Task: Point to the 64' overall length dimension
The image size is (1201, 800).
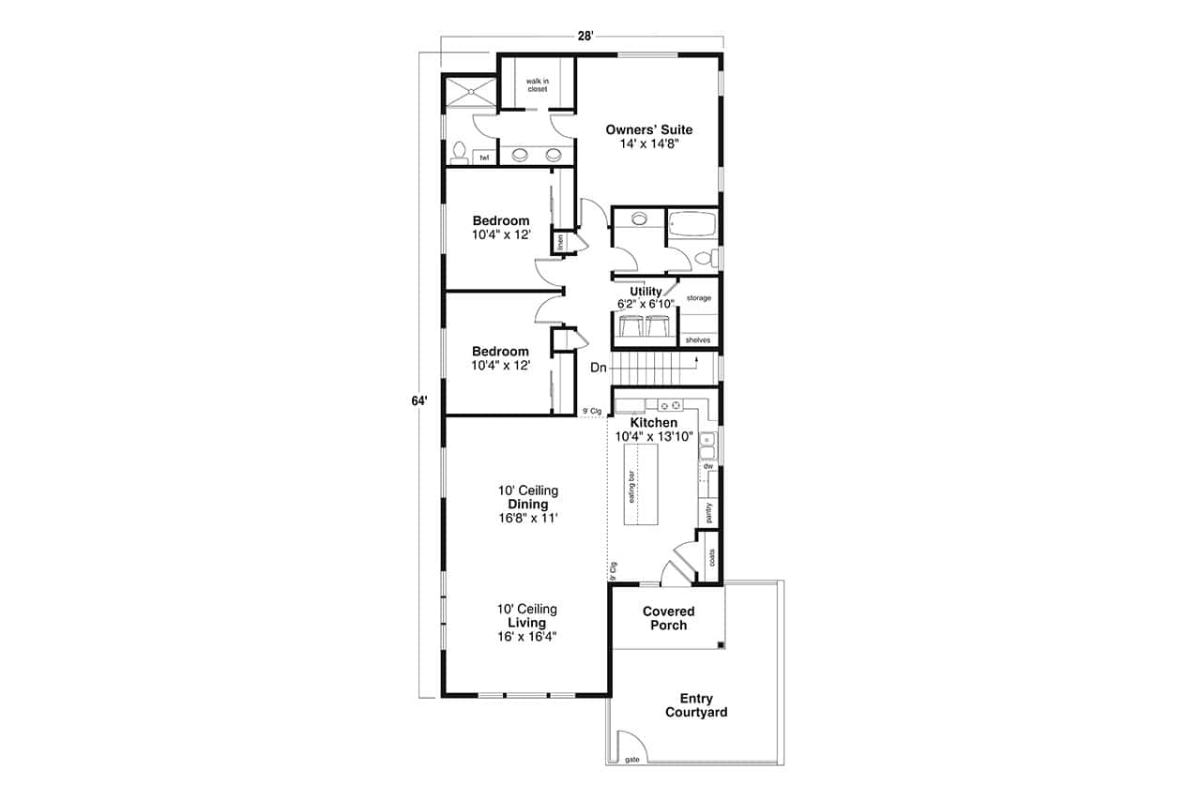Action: pyautogui.click(x=419, y=400)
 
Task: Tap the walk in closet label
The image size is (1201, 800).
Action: pyautogui.click(x=537, y=85)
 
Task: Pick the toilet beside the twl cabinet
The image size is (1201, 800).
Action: pyautogui.click(x=459, y=153)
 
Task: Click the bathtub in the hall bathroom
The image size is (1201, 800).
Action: pyautogui.click(x=692, y=225)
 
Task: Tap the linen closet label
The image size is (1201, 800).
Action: pyautogui.click(x=560, y=241)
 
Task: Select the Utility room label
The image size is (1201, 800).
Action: pyautogui.click(x=646, y=292)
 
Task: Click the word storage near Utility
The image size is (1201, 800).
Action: pyautogui.click(x=698, y=298)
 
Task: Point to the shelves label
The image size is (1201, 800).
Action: pyautogui.click(x=697, y=340)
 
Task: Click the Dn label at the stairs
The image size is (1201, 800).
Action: pyautogui.click(x=599, y=368)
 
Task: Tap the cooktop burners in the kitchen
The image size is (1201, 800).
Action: pyautogui.click(x=669, y=405)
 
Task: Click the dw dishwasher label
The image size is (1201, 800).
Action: pyautogui.click(x=708, y=465)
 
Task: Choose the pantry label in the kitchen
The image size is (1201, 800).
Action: pyautogui.click(x=708, y=512)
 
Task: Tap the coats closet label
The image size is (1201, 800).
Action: pyautogui.click(x=711, y=557)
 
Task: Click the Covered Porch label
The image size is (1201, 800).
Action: pyautogui.click(x=668, y=618)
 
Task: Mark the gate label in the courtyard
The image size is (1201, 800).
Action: pyautogui.click(x=632, y=759)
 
